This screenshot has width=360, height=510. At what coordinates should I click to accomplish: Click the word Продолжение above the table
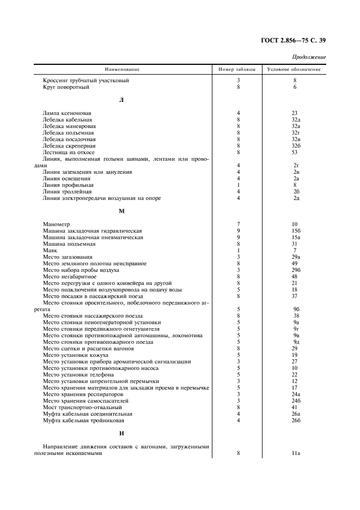point(308,57)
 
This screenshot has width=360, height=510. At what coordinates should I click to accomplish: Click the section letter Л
point(121,100)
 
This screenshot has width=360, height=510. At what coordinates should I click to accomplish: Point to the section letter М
point(121,211)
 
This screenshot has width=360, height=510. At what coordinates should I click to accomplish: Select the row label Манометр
point(56,224)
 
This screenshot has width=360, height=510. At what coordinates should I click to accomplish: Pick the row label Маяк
point(50,250)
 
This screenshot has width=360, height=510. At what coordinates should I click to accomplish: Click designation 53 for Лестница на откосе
point(295,152)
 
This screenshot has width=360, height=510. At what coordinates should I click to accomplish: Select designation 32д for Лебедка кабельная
point(296,119)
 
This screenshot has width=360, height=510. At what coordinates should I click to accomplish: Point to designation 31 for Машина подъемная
point(295,244)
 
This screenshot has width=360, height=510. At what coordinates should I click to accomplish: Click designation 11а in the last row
point(296,453)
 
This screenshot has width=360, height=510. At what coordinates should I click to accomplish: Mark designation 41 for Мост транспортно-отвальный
point(295,407)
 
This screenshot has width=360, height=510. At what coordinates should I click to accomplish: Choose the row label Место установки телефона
point(78,374)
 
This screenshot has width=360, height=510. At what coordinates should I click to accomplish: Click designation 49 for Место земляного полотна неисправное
point(295,263)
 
